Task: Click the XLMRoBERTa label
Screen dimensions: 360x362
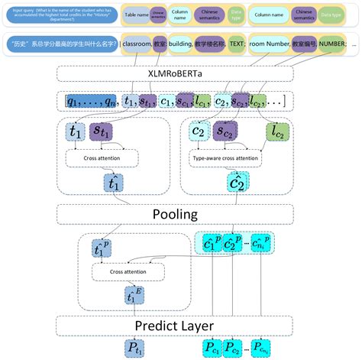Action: (x=180, y=73)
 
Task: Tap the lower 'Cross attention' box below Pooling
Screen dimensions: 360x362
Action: (x=129, y=271)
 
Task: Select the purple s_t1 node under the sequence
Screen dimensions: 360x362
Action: (x=102, y=133)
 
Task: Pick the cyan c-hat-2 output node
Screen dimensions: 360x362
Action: (x=236, y=183)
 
